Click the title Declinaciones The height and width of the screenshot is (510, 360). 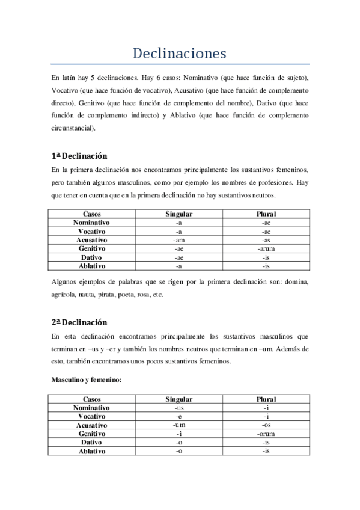pyautogui.click(x=180, y=54)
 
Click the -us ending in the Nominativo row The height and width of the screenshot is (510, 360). pyautogui.click(x=178, y=408)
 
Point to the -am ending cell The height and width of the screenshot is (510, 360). pyautogui.click(x=178, y=239)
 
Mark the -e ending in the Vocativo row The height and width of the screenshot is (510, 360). pyautogui.click(x=178, y=416)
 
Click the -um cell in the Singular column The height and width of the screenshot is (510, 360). pyautogui.click(x=178, y=425)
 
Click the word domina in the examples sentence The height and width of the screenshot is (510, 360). pyautogui.click(x=297, y=282)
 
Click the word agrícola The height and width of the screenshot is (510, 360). pyautogui.click(x=63, y=295)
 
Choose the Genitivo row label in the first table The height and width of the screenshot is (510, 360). pyautogui.click(x=91, y=248)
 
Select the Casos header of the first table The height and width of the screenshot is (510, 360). pyautogui.click(x=91, y=214)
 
